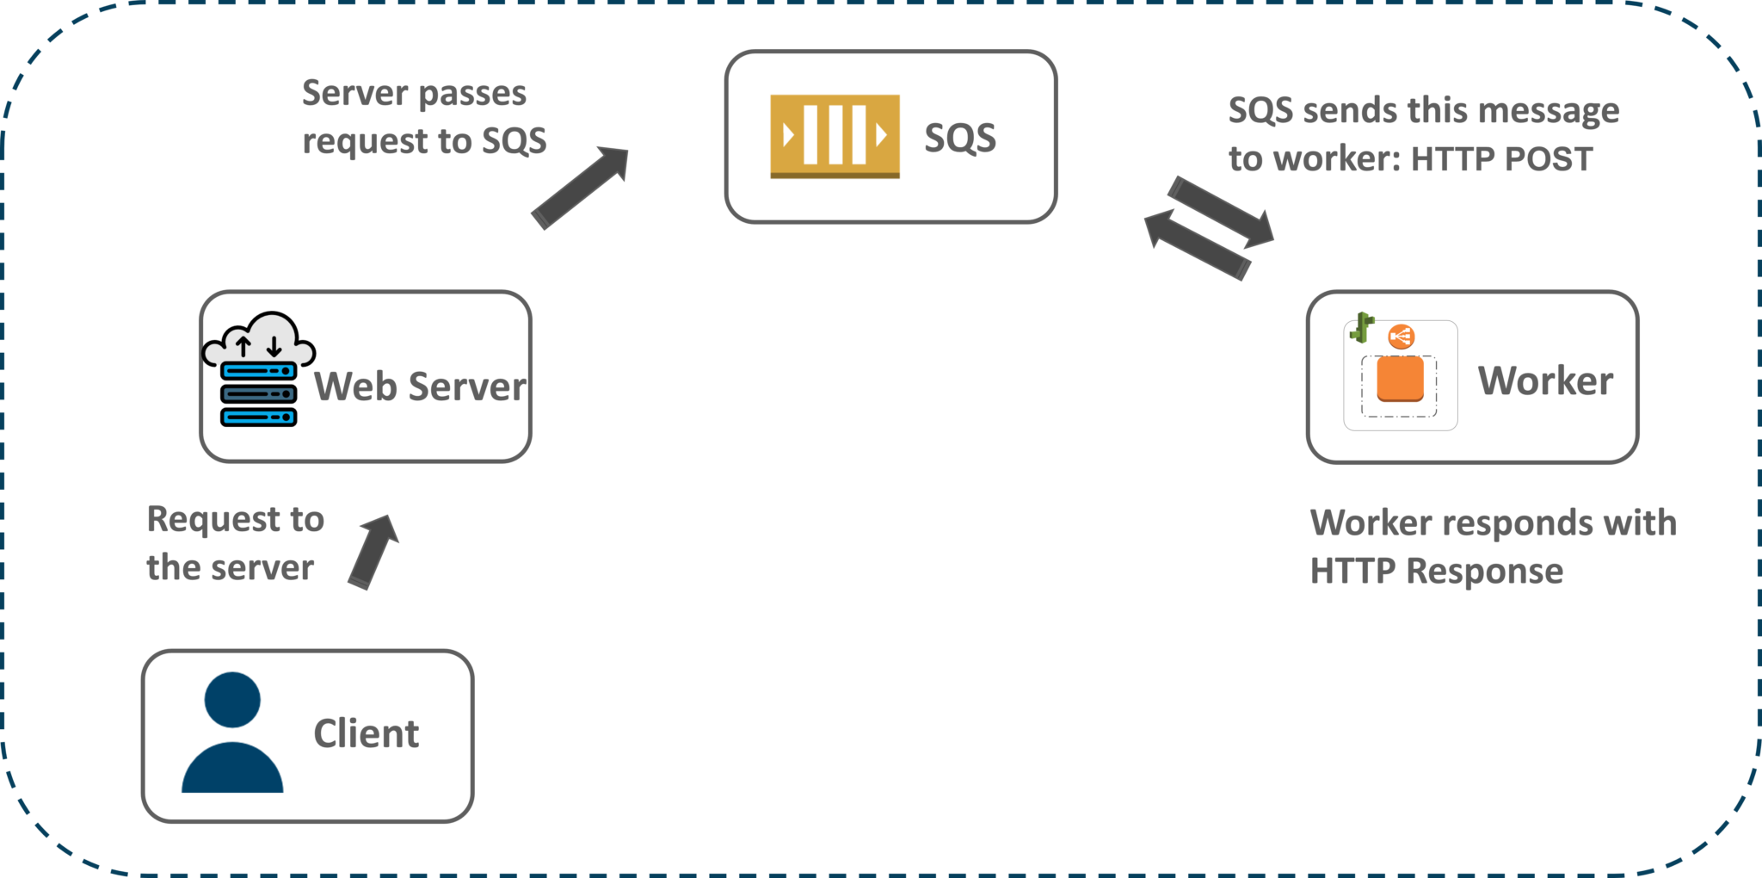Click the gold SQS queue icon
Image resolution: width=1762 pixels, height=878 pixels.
(x=835, y=136)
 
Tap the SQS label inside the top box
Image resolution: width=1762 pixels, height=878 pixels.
(x=959, y=138)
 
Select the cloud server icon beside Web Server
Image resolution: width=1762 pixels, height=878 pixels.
(x=258, y=370)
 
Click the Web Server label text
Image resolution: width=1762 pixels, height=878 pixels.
(x=420, y=386)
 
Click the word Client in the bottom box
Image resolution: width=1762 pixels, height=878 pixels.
(x=366, y=734)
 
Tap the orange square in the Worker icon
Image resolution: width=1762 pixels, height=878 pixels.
(x=1400, y=380)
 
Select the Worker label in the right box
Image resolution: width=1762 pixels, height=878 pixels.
(x=1545, y=380)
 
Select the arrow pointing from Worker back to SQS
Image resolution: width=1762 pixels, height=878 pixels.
(x=1198, y=245)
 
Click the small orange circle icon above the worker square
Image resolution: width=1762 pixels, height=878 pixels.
(x=1401, y=337)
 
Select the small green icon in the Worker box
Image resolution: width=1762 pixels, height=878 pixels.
(x=1362, y=327)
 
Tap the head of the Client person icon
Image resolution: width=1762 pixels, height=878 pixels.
(x=232, y=700)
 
